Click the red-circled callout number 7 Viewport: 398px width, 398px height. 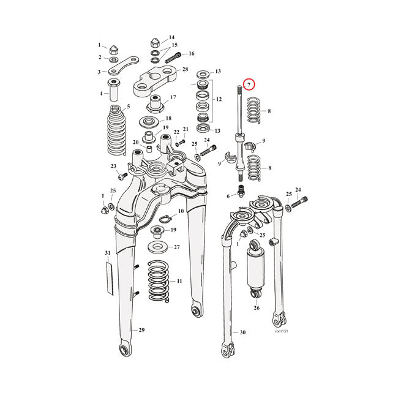click(249, 84)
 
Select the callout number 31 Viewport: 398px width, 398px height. click(107, 253)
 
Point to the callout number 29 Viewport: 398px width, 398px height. click(141, 331)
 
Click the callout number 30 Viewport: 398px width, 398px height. click(242, 332)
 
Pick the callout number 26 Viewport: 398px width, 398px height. click(257, 308)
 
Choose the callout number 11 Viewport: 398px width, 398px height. click(179, 282)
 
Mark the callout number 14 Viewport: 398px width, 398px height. click(171, 37)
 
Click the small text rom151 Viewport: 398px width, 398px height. click(282, 331)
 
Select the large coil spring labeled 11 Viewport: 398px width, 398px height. click(156, 282)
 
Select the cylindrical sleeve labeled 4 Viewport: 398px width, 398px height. click(114, 89)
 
